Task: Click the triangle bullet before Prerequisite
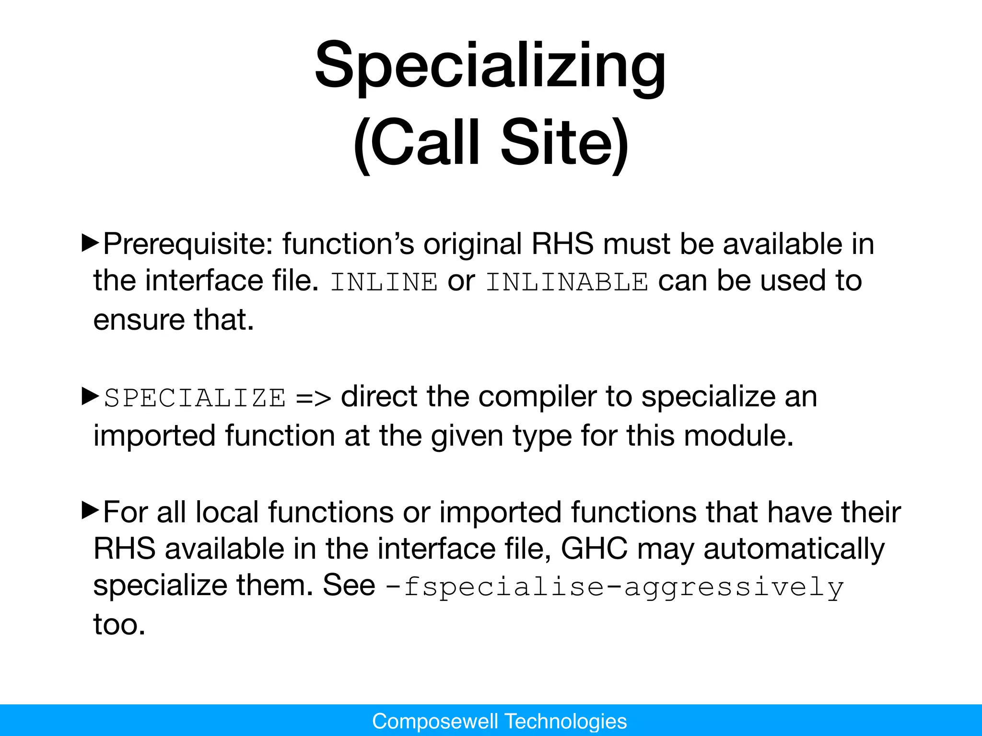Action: point(90,243)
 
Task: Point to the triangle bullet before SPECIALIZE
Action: point(90,396)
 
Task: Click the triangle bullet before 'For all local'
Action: point(90,511)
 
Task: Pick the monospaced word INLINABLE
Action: point(567,282)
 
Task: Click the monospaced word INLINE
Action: point(384,282)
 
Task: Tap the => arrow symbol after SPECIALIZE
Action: point(313,398)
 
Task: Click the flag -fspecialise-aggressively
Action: point(614,587)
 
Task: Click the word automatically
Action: point(794,549)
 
